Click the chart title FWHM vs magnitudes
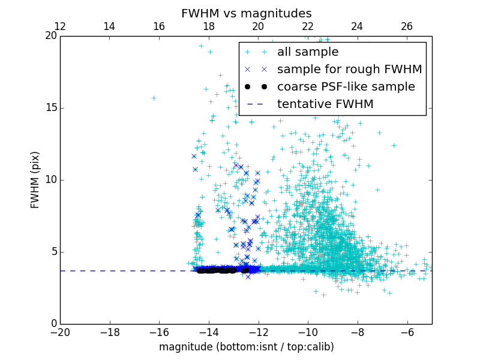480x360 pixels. (246, 13)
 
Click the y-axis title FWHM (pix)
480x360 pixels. (35, 179)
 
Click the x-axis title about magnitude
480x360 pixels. (246, 347)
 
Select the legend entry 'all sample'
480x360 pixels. (308, 52)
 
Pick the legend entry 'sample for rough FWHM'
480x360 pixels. (349, 70)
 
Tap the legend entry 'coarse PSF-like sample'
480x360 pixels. (346, 87)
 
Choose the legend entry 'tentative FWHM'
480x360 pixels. (325, 104)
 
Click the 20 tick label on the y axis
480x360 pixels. (50, 36)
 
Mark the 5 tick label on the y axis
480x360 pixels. (53, 252)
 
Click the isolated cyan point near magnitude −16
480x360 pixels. (154, 98)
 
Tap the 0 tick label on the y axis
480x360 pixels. (53, 324)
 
